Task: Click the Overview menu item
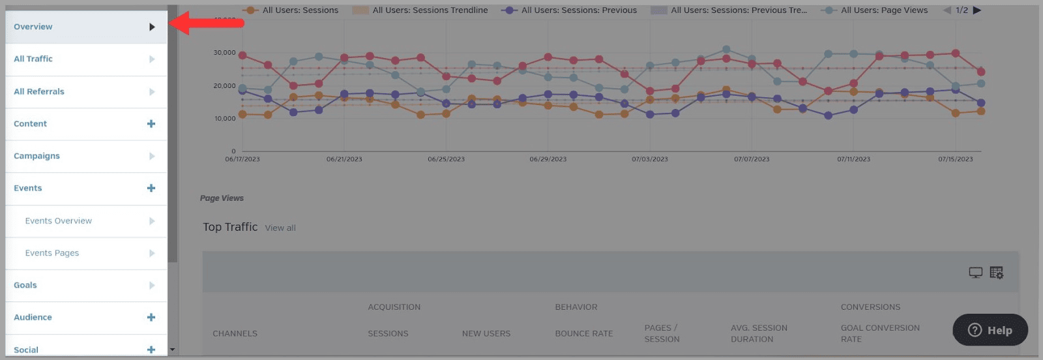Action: pos(33,27)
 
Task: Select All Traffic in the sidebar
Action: pos(33,59)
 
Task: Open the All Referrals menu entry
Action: pos(39,91)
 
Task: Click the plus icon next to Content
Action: pos(151,124)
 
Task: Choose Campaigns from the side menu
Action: pos(37,156)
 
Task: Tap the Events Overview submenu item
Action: pos(59,221)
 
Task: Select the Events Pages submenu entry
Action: pos(52,253)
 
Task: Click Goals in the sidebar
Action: pos(25,285)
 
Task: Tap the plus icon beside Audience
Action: pos(151,318)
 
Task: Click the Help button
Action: pos(990,330)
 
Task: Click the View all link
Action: pos(280,228)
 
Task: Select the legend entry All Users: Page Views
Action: pos(884,10)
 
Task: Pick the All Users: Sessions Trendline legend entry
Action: pos(430,10)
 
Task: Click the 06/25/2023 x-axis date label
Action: pos(447,159)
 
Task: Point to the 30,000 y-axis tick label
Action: pos(224,53)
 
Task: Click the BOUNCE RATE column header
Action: pos(583,333)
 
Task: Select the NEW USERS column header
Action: pos(486,333)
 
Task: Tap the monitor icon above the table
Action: pos(975,273)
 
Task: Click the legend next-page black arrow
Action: pos(977,10)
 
